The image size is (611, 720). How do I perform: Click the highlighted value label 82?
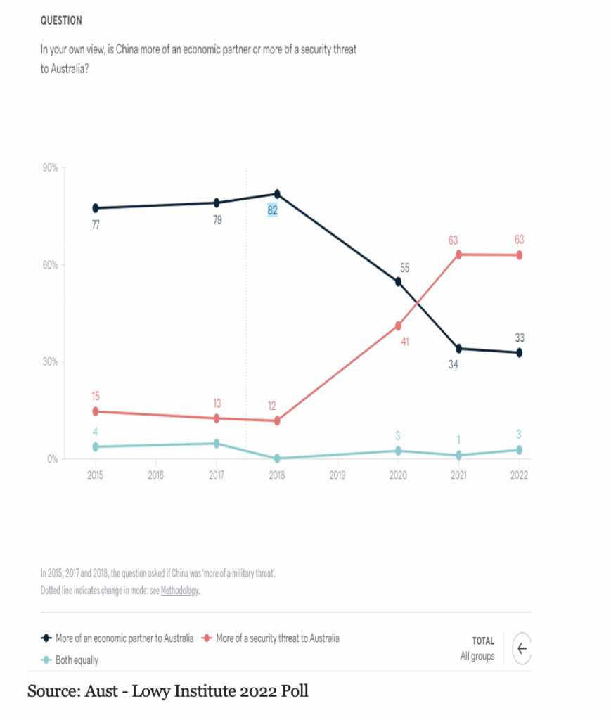pyautogui.click(x=273, y=210)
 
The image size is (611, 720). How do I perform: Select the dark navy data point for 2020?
pyautogui.click(x=398, y=282)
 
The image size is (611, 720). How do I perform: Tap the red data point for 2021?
pyautogui.click(x=458, y=255)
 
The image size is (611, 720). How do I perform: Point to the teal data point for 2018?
pyautogui.click(x=277, y=458)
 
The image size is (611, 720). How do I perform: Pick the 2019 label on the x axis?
pyautogui.click(x=337, y=475)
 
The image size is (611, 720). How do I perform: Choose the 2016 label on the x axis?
pyautogui.click(x=155, y=475)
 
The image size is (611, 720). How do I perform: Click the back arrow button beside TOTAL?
pyautogui.click(x=521, y=648)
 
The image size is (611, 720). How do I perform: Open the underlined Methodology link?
pyautogui.click(x=180, y=591)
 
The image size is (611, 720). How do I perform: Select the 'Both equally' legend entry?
pyautogui.click(x=77, y=660)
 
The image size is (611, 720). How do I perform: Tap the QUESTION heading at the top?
pyautogui.click(x=61, y=20)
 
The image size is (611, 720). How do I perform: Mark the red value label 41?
pyautogui.click(x=405, y=342)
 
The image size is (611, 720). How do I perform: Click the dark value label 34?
pyautogui.click(x=454, y=365)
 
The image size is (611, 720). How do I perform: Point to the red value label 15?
pyautogui.click(x=96, y=397)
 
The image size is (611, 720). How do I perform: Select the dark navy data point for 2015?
pyautogui.click(x=96, y=208)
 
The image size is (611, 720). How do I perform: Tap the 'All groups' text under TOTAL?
pyautogui.click(x=477, y=657)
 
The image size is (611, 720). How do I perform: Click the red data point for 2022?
pyautogui.click(x=519, y=255)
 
